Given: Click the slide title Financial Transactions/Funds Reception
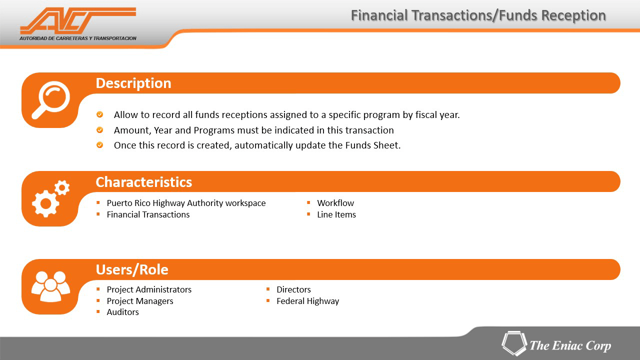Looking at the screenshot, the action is point(478,15).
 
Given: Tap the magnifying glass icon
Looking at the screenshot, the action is point(51,99).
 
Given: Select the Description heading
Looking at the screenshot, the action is point(133,83).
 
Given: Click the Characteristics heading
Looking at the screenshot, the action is point(143,182).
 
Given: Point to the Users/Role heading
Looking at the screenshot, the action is point(132,269).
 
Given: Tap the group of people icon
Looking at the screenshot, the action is point(51,286).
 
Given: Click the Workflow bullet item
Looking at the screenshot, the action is point(335,203).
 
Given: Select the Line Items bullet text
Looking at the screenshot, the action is point(336,214).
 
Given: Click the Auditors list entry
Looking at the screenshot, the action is point(123,312).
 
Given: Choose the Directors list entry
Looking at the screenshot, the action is point(293,289).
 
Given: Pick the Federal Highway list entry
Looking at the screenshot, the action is point(307,301).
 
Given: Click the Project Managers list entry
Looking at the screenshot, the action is point(140,301).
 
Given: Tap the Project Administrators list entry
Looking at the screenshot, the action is point(149,289).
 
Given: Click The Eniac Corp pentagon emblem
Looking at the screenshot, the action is point(514,343).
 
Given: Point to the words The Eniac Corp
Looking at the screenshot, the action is point(570,345).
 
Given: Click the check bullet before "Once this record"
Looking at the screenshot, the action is point(99,145).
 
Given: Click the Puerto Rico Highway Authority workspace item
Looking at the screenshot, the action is point(186,203).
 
